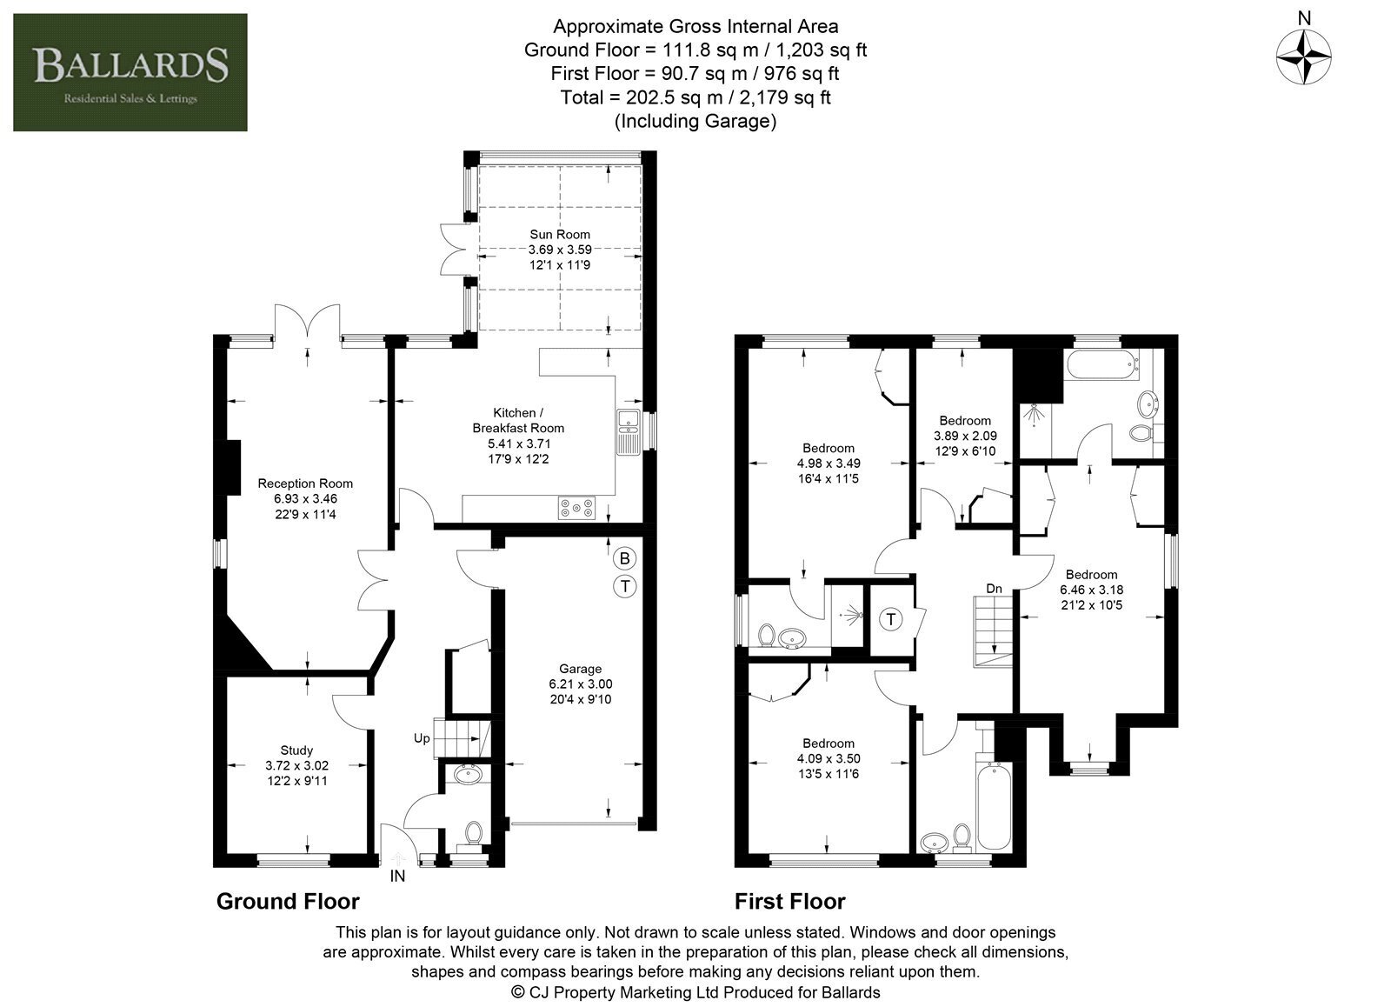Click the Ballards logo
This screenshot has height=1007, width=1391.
(x=130, y=72)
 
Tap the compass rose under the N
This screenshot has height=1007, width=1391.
(x=1303, y=57)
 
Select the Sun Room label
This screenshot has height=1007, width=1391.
(x=560, y=234)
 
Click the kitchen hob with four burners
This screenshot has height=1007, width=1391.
(x=577, y=508)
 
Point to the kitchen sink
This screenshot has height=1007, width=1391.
(x=628, y=432)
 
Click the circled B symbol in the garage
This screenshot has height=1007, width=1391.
(x=625, y=558)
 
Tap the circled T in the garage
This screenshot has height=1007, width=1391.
(x=625, y=586)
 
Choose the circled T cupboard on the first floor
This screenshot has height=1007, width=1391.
(x=891, y=619)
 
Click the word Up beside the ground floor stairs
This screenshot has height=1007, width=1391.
(x=422, y=738)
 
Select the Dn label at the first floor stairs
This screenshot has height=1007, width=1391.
(x=994, y=589)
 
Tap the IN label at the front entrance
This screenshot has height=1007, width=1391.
(x=397, y=876)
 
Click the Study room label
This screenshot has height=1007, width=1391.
(x=296, y=750)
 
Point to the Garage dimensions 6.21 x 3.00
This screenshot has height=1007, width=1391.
(x=580, y=684)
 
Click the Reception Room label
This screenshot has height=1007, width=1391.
(x=305, y=483)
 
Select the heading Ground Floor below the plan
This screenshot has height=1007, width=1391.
(x=288, y=902)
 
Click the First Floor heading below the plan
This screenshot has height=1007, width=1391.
(x=790, y=902)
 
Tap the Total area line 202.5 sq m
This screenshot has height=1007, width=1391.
(x=695, y=97)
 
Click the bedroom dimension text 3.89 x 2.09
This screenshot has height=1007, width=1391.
(x=965, y=436)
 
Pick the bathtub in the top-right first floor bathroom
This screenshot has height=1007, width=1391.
(x=1103, y=364)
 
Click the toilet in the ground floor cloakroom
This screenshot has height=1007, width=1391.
(x=474, y=834)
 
